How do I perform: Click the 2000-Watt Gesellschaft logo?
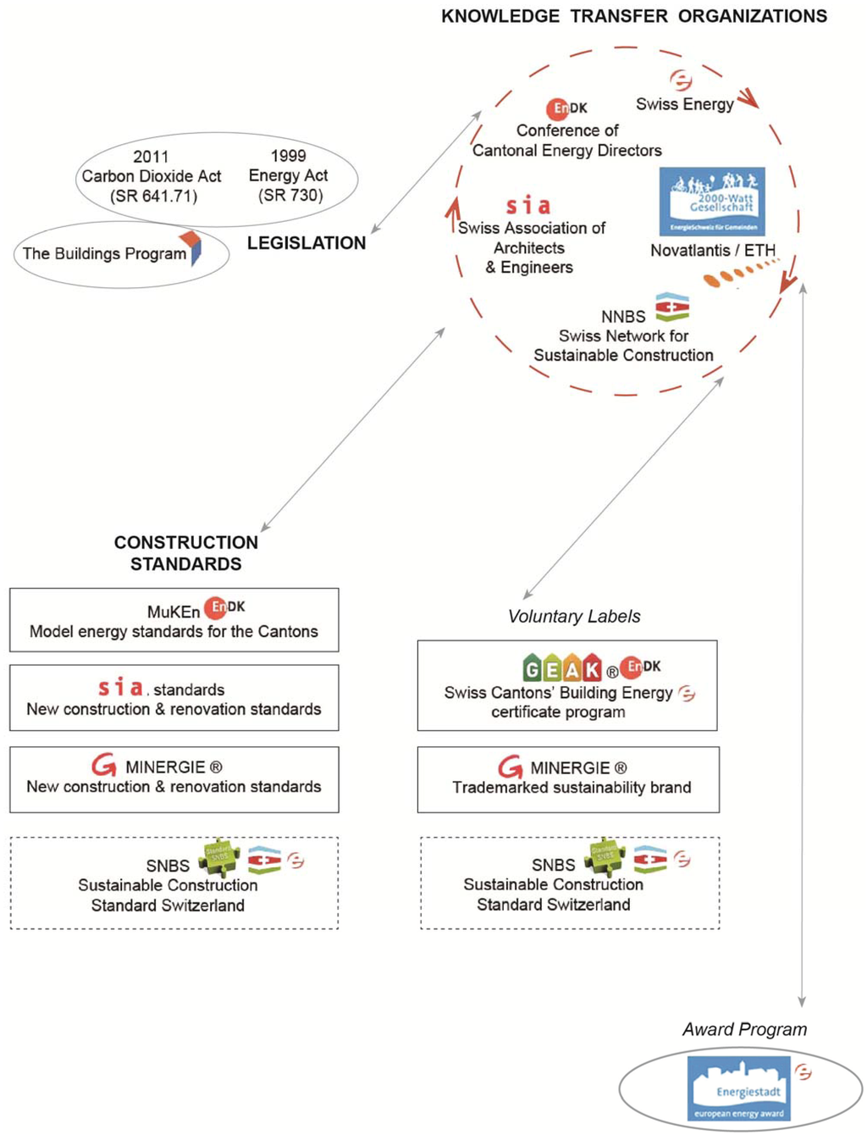coord(712,202)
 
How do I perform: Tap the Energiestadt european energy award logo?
coord(738,1088)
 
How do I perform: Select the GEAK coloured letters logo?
coord(561,668)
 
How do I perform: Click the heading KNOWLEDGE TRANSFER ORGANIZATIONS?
coord(634,16)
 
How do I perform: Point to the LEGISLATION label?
coord(306,243)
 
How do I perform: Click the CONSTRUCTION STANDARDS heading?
coord(186,553)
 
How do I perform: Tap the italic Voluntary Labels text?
coord(574,617)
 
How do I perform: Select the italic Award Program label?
coord(744,1029)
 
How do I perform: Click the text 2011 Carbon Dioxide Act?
coord(152,176)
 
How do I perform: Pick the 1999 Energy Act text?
coord(289,175)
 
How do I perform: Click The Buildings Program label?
coord(104,253)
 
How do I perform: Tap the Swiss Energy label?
coord(685,104)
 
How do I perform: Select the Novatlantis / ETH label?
coord(713,250)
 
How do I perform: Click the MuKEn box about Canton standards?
coord(174,620)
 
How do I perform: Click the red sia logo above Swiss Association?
coord(528,206)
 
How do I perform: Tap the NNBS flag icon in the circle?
coord(672,307)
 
